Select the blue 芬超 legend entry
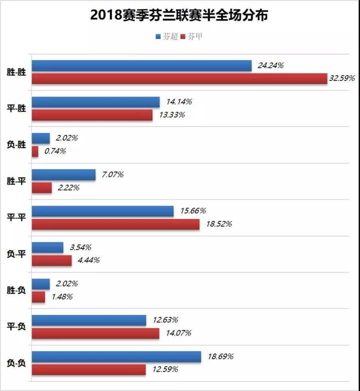pyautogui.click(x=167, y=37)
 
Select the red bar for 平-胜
pyautogui.click(x=92, y=115)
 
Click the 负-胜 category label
pyautogui.click(x=16, y=144)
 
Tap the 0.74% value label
pyautogui.click(x=55, y=151)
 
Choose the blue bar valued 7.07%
pyautogui.click(x=63, y=174)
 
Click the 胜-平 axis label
pyautogui.click(x=16, y=181)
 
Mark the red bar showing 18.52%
pyautogui.click(x=115, y=224)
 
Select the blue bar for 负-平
pyautogui.click(x=47, y=247)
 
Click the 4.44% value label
pyautogui.click(x=86, y=260)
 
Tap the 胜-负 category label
pyautogui.click(x=16, y=290)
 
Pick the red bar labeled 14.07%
pyautogui.click(x=95, y=333)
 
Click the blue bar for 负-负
pyautogui.click(x=116, y=356)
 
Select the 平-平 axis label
pyautogui.click(x=16, y=217)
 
